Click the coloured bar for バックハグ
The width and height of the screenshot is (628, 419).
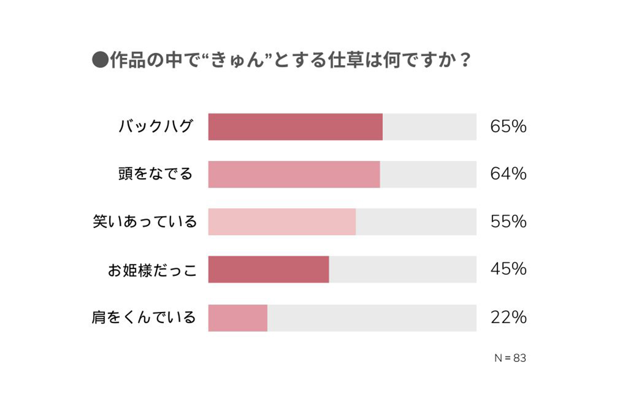295,127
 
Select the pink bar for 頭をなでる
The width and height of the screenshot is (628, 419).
294,174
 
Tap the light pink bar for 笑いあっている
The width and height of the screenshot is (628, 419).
282,222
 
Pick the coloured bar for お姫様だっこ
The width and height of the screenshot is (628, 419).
268,269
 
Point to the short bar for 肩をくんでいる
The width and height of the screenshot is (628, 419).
238,318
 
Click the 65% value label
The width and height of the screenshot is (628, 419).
508,126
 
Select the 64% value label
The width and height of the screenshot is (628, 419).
508,174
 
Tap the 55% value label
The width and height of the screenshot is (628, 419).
508,221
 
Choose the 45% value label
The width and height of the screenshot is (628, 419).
508,269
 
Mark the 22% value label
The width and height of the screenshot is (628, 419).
508,317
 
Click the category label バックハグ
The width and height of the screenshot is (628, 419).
156,126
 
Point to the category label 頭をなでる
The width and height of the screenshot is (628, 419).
155,174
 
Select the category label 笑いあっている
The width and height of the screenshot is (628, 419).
145,222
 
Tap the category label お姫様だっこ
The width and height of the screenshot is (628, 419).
152,270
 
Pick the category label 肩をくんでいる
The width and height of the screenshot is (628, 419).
144,317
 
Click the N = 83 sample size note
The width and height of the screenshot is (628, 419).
510,358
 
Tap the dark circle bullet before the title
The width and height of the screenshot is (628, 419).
100,60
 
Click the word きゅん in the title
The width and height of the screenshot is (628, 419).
238,60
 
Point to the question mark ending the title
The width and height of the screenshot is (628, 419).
465,60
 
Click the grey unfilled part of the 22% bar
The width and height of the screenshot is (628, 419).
372,318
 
